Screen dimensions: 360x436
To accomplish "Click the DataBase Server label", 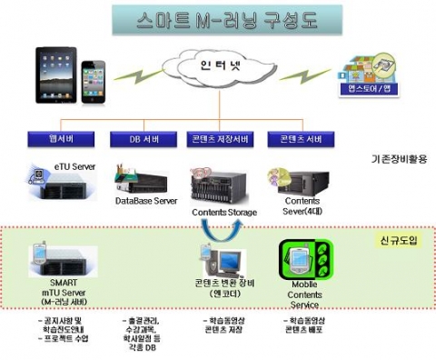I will tap(145, 200).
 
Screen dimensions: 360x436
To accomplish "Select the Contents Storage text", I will tap(224, 212).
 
